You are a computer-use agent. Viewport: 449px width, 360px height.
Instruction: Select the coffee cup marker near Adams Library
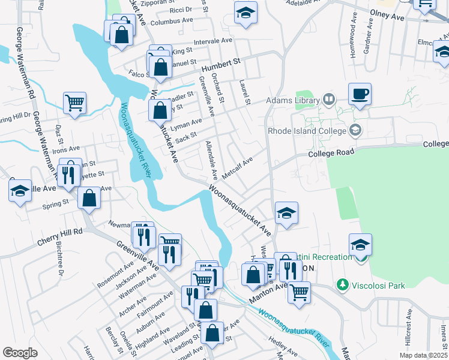pos(360,94)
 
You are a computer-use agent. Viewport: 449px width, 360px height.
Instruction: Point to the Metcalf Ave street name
pos(238,169)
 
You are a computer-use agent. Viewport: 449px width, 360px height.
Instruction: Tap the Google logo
pos(20,353)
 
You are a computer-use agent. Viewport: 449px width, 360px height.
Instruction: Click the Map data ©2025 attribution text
pos(423,355)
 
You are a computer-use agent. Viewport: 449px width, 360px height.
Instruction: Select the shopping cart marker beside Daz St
pos(74,103)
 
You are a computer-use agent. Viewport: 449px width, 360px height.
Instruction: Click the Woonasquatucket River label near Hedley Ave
pos(294,331)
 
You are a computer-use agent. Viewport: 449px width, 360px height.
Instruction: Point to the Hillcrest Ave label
pos(408,328)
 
